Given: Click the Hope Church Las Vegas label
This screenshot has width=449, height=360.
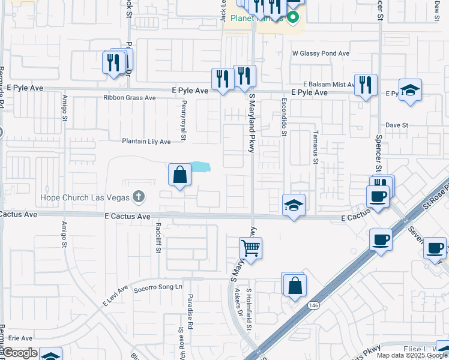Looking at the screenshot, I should [x=85, y=197].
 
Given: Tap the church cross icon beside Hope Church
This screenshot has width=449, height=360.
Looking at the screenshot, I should [x=139, y=196].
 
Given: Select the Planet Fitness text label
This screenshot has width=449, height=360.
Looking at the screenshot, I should [x=252, y=17].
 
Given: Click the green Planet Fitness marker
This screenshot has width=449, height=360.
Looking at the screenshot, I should [x=294, y=17].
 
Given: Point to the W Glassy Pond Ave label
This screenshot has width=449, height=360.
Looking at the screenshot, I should [x=321, y=53].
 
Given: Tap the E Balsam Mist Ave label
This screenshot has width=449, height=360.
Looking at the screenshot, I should [x=330, y=85].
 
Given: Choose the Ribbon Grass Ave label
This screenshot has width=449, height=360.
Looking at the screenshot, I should [x=129, y=97].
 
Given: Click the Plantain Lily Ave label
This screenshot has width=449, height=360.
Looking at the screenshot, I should [x=146, y=142].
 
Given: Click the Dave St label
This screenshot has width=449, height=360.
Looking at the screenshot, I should [x=397, y=125].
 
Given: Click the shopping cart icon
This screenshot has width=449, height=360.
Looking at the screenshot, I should [x=251, y=247].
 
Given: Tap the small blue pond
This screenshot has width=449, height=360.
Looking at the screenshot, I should [x=200, y=167].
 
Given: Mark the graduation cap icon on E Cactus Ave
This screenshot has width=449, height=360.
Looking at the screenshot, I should [x=294, y=205].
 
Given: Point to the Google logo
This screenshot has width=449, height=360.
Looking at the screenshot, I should [x=19, y=353].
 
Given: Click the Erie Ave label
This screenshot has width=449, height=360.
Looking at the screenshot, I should [x=20, y=338].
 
